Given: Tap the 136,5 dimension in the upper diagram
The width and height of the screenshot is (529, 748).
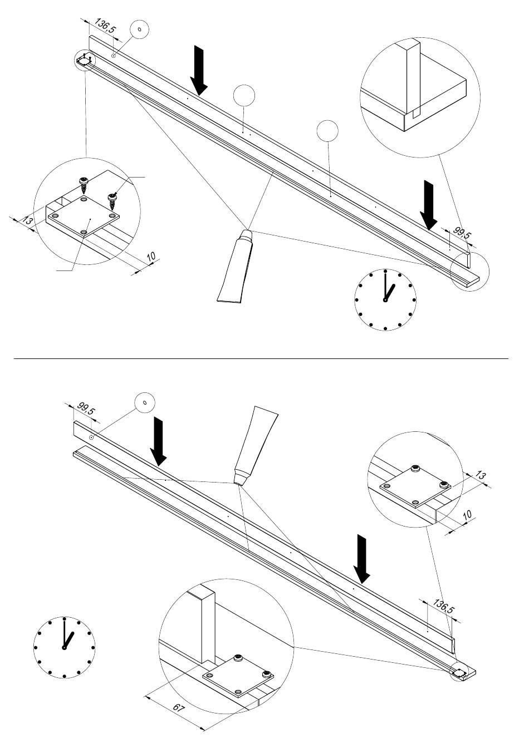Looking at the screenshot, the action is pos(105,26).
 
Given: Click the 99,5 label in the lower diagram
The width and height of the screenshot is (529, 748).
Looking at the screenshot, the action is pos(86,408).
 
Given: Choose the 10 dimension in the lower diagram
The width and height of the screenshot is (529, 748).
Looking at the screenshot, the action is pos(467,515).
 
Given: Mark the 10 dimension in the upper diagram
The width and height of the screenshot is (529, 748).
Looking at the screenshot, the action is pos(151,257).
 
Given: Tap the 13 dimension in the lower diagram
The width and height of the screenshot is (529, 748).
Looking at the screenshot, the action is pos(480,475).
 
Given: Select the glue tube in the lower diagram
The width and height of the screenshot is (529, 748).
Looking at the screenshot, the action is pos(255,445).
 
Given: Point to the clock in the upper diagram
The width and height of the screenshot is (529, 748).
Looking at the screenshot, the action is pos(385,299).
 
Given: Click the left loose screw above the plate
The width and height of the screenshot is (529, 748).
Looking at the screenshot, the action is pos(84,185).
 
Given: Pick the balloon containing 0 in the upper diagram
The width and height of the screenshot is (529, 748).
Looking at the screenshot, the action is pos(139,29).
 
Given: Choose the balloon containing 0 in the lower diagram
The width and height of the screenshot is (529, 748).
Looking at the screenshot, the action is pos(145,402).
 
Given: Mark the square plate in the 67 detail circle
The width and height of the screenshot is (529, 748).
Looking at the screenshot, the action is pos(238,677).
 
